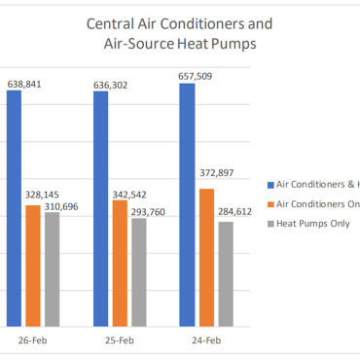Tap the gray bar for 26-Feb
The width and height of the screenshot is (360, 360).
point(52,270)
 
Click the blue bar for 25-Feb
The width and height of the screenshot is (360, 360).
point(101,208)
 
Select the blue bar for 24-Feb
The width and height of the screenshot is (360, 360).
point(188,204)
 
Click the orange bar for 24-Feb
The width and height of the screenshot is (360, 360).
point(206,257)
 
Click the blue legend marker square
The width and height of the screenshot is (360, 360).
point(270,184)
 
